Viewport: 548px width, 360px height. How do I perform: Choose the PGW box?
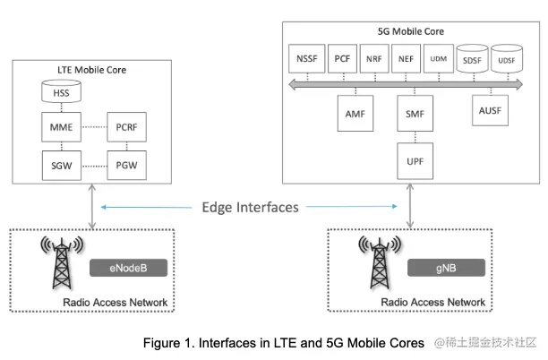coord(126,165)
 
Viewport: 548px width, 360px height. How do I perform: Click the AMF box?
coord(355,114)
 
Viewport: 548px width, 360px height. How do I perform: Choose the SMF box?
coord(413,114)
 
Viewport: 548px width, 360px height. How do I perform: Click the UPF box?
coord(413,161)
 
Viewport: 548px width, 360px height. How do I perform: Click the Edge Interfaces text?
coord(250,207)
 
